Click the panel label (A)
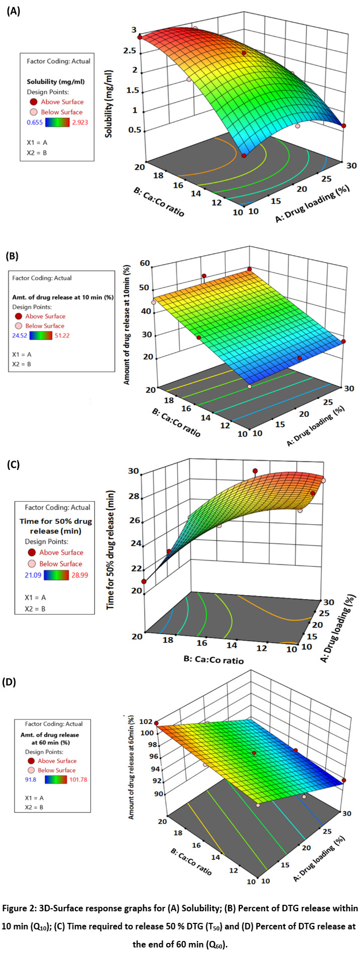point(13,11)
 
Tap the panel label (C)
point(13,464)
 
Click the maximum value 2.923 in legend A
point(78,122)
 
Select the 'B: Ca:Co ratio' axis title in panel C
point(214,659)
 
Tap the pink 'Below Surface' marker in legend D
point(31,770)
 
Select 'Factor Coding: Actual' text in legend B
point(42,278)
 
